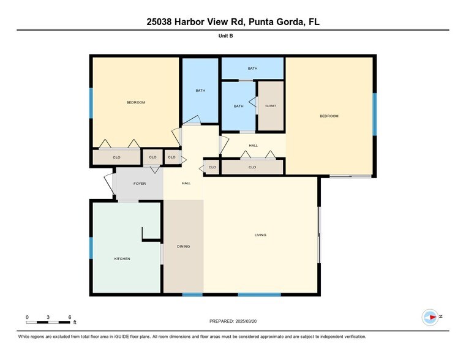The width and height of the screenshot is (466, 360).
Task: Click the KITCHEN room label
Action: coord(122,259)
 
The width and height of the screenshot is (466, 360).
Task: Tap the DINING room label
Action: coord(183,246)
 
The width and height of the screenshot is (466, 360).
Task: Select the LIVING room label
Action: coord(261,234)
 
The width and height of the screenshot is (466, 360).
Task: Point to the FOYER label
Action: coord(140,183)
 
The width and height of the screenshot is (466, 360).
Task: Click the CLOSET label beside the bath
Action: coord(270,106)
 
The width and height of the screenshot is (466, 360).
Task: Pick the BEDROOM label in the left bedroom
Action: coord(135,102)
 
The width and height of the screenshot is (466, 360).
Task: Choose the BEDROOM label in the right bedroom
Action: coord(329,116)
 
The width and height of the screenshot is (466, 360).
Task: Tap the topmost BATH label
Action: coord(252,68)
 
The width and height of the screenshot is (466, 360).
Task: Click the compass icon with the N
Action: coord(430,317)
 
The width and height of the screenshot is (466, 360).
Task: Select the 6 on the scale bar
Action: coord(70,317)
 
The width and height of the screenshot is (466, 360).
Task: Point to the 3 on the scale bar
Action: coord(48,317)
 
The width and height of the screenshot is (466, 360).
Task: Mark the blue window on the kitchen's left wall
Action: coord(91,249)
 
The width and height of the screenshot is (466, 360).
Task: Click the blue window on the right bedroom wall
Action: coord(375,113)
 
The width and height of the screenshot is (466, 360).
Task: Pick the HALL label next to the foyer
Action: coord(186,183)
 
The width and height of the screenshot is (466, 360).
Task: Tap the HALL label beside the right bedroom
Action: coord(253,146)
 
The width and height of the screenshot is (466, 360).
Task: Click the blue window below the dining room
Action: coord(192,295)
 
